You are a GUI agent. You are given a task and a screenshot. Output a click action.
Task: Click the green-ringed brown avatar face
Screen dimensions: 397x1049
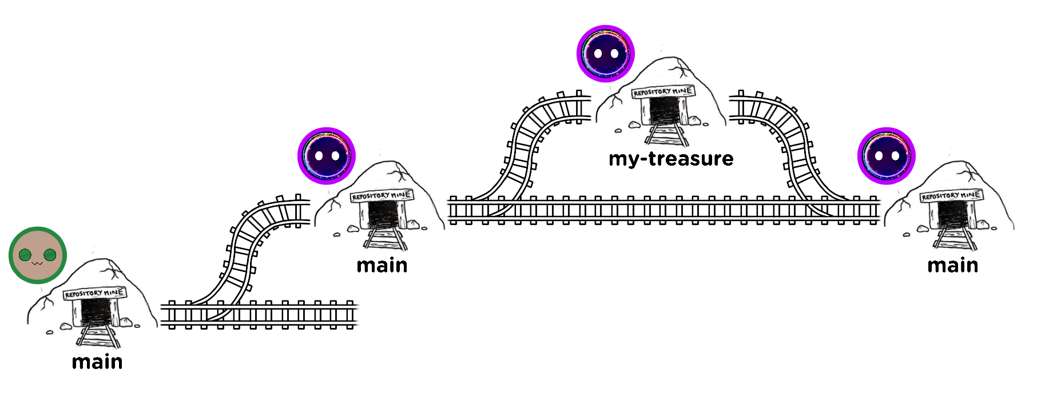tap(38, 255)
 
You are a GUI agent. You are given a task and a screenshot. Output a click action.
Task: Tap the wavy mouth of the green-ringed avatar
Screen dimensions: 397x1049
tap(38, 263)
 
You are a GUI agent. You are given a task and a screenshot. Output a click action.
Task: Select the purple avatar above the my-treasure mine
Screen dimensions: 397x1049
tap(606, 54)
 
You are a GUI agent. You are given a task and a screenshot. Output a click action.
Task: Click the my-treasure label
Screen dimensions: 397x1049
tap(671, 158)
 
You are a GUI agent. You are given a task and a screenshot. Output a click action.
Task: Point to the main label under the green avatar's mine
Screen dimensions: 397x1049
tap(97, 362)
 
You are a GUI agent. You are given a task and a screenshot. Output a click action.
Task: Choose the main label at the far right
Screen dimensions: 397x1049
tap(952, 265)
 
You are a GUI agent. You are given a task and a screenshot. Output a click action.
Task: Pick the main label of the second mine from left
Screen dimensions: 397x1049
tap(382, 265)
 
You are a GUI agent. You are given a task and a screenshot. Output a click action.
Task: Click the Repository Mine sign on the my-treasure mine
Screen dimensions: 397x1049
tap(663, 91)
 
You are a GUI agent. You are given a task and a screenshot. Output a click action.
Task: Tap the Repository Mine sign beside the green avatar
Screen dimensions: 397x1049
tap(94, 294)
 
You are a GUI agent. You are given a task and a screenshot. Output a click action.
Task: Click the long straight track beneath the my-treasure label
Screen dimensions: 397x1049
tap(663, 210)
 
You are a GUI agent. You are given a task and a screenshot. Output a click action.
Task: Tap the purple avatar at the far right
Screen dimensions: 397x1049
tap(886, 156)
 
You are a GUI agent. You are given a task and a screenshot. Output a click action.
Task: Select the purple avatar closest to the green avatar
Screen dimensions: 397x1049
tap(327, 156)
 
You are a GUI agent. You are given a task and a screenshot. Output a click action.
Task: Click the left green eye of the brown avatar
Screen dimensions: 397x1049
tap(25, 255)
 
